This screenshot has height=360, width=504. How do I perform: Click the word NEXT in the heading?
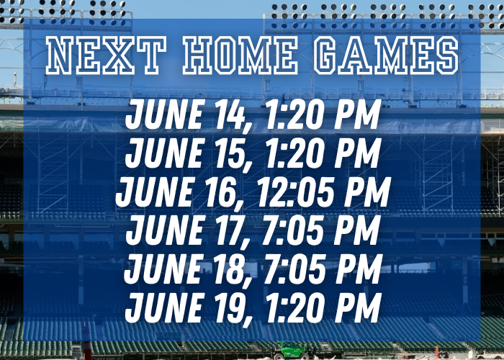tap(106, 55)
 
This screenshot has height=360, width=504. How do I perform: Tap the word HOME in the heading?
tap(240, 55)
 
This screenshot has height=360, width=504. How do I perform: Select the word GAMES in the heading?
tap(387, 55)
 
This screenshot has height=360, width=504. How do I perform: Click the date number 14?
tap(229, 114)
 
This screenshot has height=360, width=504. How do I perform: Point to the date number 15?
tap(229, 153)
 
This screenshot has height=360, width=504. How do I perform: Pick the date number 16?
tap(220, 192)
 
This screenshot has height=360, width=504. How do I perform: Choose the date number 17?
tap(229, 230)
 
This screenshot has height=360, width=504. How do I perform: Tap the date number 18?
tap(229, 269)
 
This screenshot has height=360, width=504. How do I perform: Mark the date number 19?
tap(229, 307)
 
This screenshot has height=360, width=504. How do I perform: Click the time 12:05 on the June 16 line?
tap(295, 192)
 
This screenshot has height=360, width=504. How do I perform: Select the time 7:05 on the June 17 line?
tap(293, 230)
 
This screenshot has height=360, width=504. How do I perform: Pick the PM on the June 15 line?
tap(358, 153)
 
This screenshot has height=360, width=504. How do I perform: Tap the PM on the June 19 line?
tap(358, 307)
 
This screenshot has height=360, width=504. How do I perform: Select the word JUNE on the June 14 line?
tap(165, 114)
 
